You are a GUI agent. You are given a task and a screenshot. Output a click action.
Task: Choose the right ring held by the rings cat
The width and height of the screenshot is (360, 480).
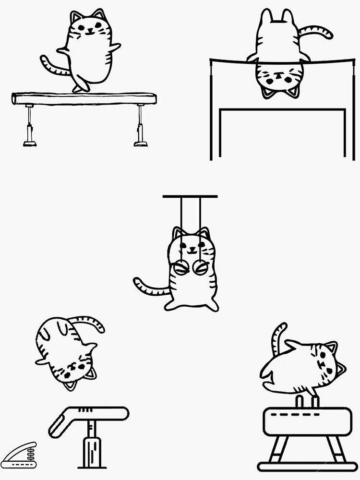click(x=200, y=267)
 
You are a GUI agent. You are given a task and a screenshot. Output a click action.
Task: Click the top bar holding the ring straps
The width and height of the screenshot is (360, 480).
click(x=190, y=196)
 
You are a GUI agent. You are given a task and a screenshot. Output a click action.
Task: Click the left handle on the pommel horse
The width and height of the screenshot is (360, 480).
click(x=298, y=401)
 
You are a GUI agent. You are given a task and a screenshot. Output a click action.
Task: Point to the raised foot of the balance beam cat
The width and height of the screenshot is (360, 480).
click(x=81, y=87)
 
